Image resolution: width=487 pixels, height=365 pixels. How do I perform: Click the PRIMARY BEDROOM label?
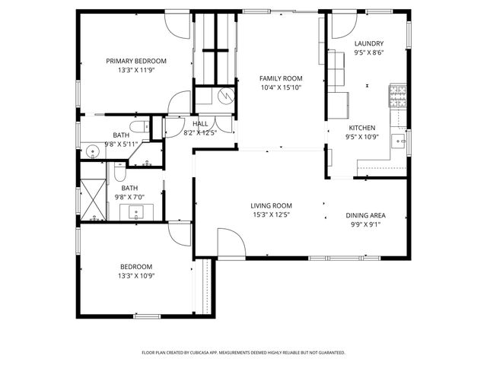pyautogui.click(x=135, y=61)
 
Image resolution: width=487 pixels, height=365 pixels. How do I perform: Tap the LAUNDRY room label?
pyautogui.click(x=369, y=44)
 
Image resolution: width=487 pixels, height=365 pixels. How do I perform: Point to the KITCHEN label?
pyautogui.click(x=361, y=128)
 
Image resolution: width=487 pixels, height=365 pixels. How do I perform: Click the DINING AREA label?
pyautogui.click(x=364, y=214)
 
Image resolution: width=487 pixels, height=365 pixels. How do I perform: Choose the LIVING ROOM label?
pyautogui.click(x=272, y=205)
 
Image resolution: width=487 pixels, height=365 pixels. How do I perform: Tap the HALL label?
pyautogui.click(x=200, y=123)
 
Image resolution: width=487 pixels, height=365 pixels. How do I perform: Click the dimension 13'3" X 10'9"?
pyautogui.click(x=135, y=275)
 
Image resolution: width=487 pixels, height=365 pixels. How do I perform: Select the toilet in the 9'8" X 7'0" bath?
pyautogui.click(x=119, y=170)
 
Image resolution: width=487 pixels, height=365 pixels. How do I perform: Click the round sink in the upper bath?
pyautogui.click(x=92, y=151)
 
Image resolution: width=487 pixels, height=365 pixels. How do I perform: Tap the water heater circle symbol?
pyautogui.click(x=226, y=96)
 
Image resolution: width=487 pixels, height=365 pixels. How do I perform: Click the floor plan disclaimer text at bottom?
pyautogui.click(x=243, y=353)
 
